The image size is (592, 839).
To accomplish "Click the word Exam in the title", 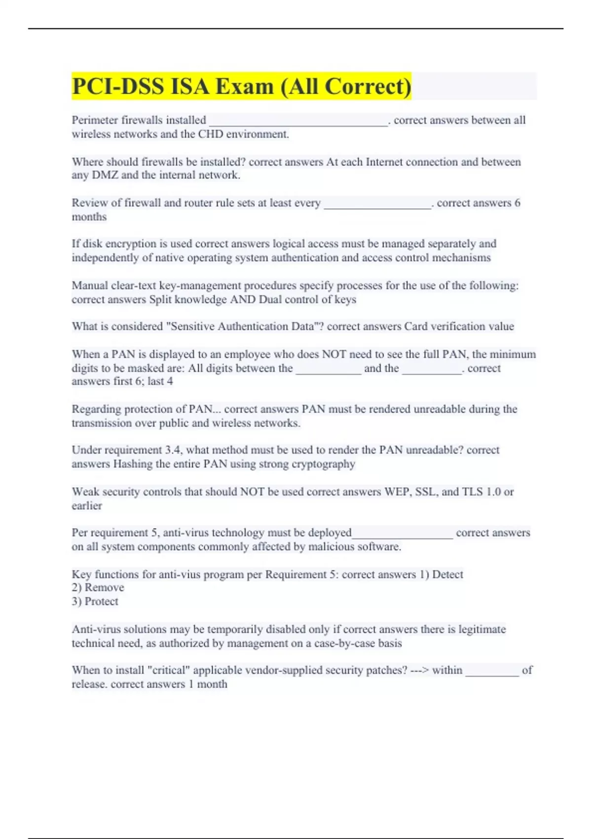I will click(x=244, y=86).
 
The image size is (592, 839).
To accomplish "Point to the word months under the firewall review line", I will click(x=89, y=217).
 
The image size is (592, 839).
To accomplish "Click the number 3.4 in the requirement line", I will click(x=173, y=450).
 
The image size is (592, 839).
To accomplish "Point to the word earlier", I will click(x=87, y=505).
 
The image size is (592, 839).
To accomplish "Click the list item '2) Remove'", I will click(x=98, y=587).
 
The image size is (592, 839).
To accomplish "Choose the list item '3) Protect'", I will click(x=95, y=601).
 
